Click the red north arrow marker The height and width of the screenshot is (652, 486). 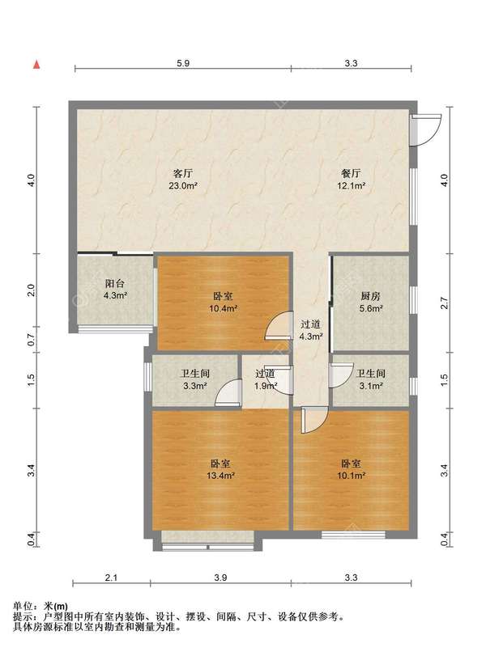tap(36, 65)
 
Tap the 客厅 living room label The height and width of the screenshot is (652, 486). tap(182, 173)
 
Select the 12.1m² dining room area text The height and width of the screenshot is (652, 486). tap(351, 186)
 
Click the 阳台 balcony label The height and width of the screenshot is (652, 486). tap(115, 284)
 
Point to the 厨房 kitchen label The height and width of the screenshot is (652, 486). tap(370, 297)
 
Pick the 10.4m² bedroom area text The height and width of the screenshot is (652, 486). tap(224, 309)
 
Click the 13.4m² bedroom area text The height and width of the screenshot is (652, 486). tap(220, 476)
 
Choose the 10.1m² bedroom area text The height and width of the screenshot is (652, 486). tap(351, 476)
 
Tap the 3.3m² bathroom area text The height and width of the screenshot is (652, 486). tap(195, 386)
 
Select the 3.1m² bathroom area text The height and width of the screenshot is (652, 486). tap(370, 386)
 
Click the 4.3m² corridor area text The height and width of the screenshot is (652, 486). tap(311, 337)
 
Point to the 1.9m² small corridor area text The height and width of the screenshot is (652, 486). tap(266, 386)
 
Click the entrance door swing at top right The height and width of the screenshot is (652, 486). tap(425, 129)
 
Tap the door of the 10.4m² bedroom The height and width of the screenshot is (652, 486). tap(278, 325)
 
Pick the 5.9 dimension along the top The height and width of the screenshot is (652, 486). tap(183, 63)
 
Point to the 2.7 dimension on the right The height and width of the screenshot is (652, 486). tap(445, 303)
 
